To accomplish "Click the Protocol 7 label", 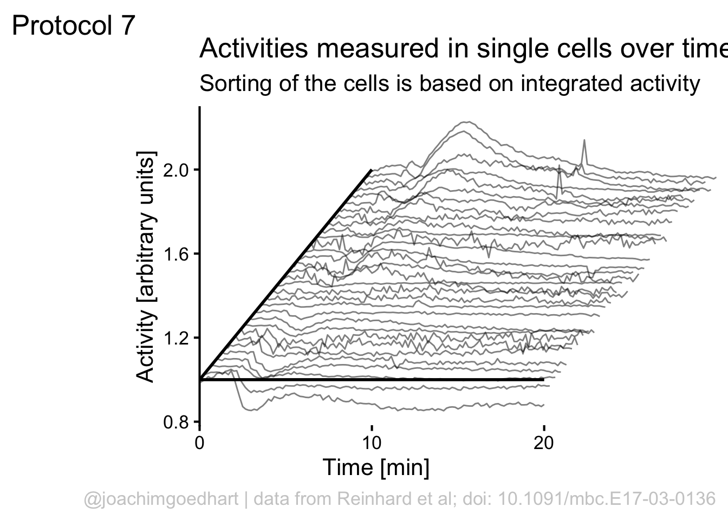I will click(x=73, y=26).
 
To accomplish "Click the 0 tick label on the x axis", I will click(x=200, y=443).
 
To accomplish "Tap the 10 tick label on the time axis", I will click(x=372, y=443).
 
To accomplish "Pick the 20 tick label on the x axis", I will click(x=543, y=443).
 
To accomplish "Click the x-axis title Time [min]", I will click(x=376, y=467).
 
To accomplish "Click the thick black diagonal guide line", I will click(x=286, y=275).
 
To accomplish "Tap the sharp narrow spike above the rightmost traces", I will click(x=584, y=142).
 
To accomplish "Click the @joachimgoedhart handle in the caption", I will click(x=161, y=498).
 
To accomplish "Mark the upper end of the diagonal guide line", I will click(x=371, y=170).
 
